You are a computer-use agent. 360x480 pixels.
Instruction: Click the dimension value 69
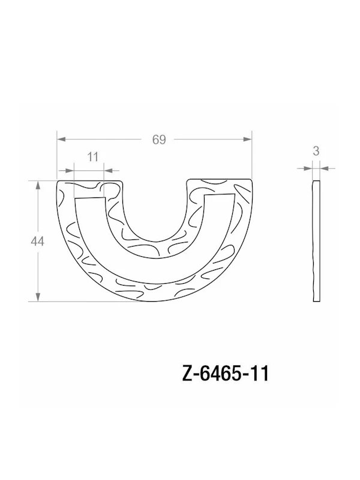(158, 140)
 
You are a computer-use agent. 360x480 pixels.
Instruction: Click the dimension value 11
(92, 157)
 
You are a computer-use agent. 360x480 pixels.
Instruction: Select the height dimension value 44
(38, 241)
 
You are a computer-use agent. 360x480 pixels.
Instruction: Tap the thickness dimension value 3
(316, 152)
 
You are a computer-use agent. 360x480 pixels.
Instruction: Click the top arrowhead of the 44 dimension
(38, 184)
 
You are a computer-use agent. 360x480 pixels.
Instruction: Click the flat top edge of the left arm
(90, 179)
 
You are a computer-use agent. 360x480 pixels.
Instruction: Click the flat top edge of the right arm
(219, 179)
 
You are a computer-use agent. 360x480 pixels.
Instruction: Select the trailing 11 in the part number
(260, 374)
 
